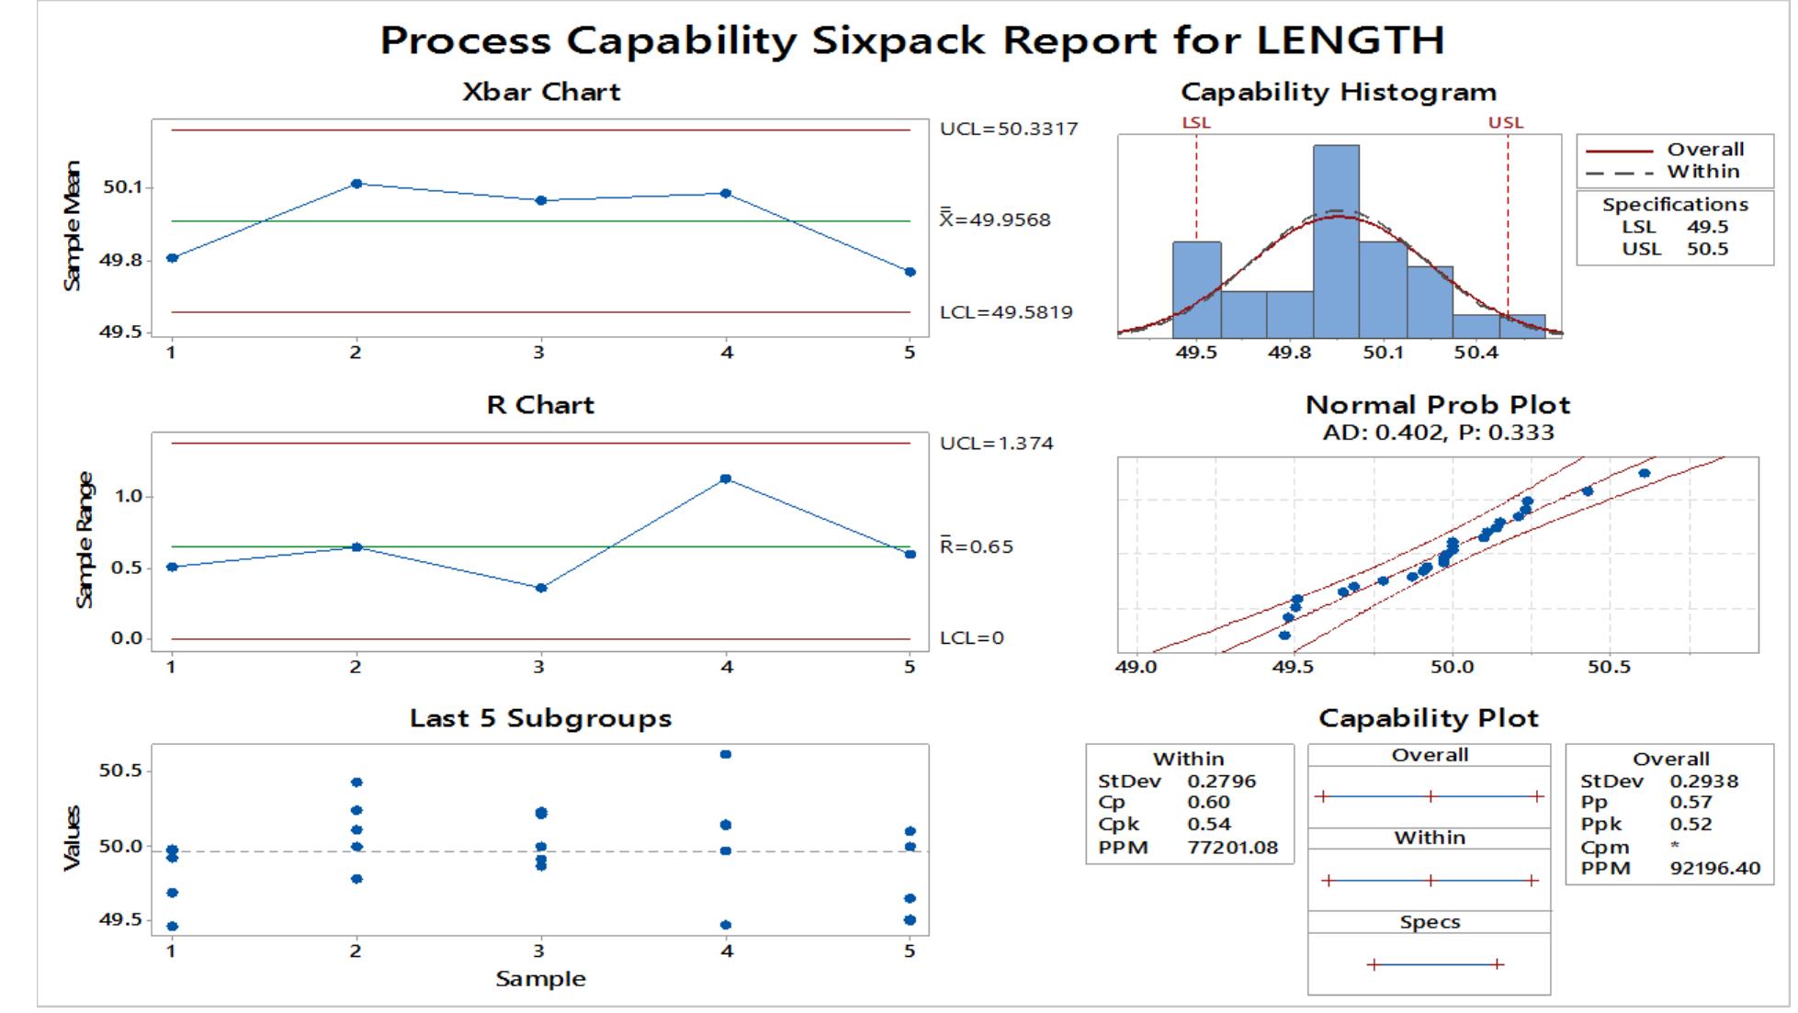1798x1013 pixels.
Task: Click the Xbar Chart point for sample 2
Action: pyautogui.click(x=356, y=184)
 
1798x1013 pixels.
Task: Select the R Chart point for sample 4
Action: pyautogui.click(x=726, y=478)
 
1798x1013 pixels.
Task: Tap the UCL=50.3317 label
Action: pyautogui.click(x=1008, y=129)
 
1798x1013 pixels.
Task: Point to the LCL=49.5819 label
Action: pyautogui.click(x=1005, y=312)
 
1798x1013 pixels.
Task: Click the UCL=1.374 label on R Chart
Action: pyautogui.click(x=996, y=444)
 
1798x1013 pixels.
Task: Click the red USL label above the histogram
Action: pyautogui.click(x=1506, y=122)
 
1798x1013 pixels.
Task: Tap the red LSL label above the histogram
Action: pyautogui.click(x=1196, y=122)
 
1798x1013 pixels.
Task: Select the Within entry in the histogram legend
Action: pyautogui.click(x=1702, y=172)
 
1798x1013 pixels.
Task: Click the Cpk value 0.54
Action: pyautogui.click(x=1208, y=824)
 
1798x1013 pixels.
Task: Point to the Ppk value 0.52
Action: pyautogui.click(x=1691, y=824)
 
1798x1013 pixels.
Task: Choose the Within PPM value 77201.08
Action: pyautogui.click(x=1232, y=847)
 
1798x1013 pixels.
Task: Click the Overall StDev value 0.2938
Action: pyautogui.click(x=1703, y=782)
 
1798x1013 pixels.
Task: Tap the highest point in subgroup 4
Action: pyautogui.click(x=726, y=754)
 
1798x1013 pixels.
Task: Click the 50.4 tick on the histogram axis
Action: pyautogui.click(x=1476, y=353)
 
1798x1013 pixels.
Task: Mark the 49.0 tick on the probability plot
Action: pyautogui.click(x=1136, y=667)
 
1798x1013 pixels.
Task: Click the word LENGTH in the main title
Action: pyautogui.click(x=1350, y=40)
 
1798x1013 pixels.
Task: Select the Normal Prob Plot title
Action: pyautogui.click(x=1437, y=405)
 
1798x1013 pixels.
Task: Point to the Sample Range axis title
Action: pyautogui.click(x=85, y=539)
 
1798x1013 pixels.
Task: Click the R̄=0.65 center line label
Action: pyautogui.click(x=976, y=546)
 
